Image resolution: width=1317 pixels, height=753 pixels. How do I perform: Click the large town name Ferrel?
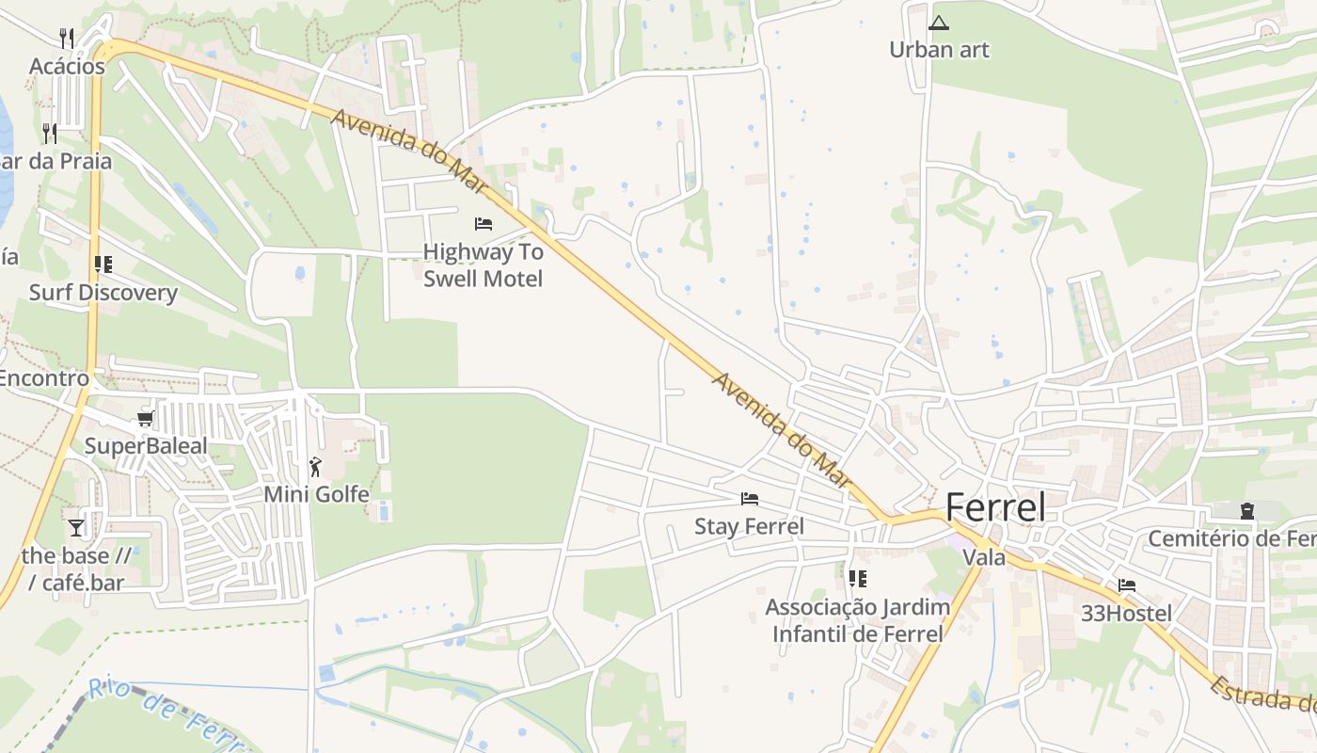point(995,508)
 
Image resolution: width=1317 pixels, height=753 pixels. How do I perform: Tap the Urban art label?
point(940,50)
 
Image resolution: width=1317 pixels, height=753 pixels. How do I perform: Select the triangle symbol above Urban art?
point(938,23)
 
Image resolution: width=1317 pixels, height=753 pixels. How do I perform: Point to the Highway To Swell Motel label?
point(483,264)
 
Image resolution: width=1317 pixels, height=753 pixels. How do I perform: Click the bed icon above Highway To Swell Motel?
point(484,224)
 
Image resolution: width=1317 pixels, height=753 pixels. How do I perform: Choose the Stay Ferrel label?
point(749,526)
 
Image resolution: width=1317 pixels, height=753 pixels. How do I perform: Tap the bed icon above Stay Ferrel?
point(750,499)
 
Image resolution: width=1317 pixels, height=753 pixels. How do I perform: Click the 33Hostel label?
point(1126,615)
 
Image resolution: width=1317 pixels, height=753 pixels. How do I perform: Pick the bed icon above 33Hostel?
point(1127,585)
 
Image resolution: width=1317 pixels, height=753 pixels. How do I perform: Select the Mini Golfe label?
point(316,494)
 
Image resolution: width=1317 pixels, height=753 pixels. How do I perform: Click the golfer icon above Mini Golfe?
point(315,466)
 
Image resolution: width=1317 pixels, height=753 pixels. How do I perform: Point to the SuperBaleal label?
point(146,445)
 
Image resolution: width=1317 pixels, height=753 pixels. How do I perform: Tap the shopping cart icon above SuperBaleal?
point(145,418)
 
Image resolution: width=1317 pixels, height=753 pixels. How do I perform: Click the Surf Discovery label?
point(103,293)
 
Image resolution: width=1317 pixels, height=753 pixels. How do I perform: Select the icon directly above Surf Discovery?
point(103,264)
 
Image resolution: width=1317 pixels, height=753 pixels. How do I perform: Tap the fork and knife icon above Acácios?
point(67,38)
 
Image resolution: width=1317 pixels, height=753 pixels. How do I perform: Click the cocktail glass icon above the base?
point(76,528)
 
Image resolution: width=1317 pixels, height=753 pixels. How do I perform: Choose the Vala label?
point(984,557)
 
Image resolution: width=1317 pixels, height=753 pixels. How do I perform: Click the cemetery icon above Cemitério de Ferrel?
point(1247,511)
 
